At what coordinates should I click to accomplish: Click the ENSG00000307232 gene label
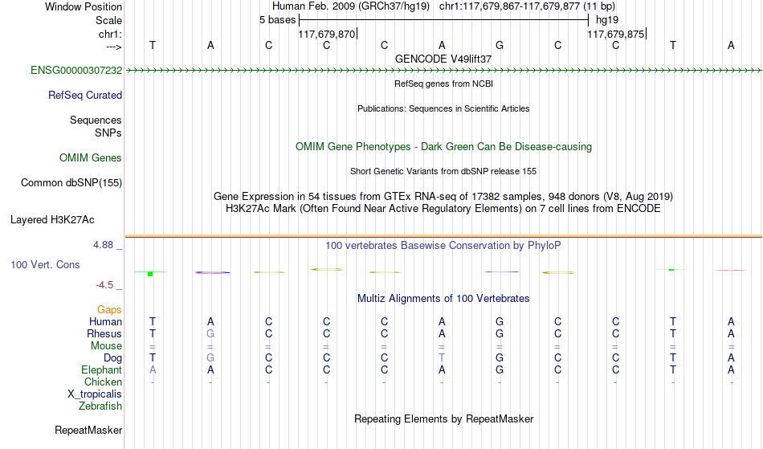point(76,71)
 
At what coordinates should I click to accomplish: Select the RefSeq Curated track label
point(85,96)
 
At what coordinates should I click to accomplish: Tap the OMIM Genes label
point(91,158)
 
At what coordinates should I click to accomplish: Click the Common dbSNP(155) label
point(71,183)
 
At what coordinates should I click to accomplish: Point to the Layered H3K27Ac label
point(52,220)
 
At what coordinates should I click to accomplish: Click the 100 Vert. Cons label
point(45,264)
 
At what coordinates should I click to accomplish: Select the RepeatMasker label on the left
point(88,430)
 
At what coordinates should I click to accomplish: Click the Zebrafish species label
point(100,406)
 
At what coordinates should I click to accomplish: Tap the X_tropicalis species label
point(95,394)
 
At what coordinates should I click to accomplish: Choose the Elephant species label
point(102,370)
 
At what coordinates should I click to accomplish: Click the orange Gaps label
point(109,310)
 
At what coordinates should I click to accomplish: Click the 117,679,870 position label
point(327,34)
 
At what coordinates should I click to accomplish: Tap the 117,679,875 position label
point(615,34)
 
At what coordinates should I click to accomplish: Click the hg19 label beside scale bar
point(607,20)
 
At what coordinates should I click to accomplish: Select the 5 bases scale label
point(277,20)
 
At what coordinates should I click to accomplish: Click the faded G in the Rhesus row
point(210,334)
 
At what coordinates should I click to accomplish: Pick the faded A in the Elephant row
point(153,370)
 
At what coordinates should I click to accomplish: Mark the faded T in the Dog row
point(442,358)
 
